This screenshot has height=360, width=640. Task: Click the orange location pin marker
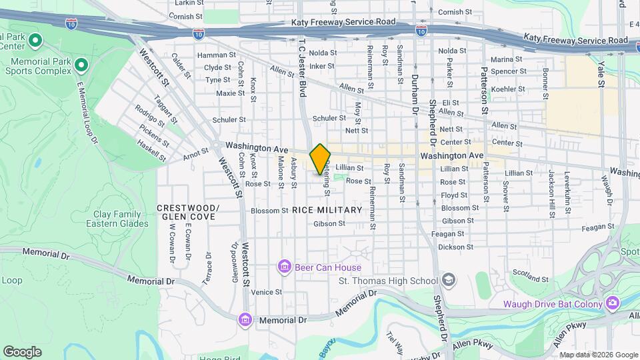[320, 159]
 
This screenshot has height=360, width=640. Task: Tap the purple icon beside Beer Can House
[284, 267]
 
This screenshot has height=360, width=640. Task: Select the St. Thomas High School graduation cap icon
[449, 280]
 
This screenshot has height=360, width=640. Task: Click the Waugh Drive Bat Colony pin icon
[612, 304]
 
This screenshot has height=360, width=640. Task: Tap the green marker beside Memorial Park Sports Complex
[81, 65]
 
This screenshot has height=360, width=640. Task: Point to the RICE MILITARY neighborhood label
[327, 210]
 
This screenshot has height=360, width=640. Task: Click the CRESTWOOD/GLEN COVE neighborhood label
[187, 212]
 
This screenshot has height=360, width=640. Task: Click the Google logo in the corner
[22, 351]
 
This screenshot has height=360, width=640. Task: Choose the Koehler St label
[508, 89]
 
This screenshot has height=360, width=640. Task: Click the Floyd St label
[453, 195]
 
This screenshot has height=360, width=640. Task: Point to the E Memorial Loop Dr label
[87, 113]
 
